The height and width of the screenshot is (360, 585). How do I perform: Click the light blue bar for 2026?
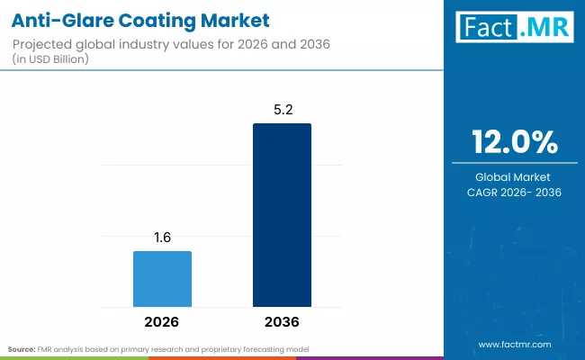(162, 279)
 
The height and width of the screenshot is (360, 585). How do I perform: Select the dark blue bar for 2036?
(282, 216)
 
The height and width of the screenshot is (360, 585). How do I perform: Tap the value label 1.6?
(162, 238)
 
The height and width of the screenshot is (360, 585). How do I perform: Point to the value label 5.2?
(282, 110)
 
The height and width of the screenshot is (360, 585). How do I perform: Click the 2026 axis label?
(162, 321)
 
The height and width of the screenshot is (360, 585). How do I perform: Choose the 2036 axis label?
(282, 321)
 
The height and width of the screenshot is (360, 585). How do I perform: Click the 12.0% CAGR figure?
(515, 142)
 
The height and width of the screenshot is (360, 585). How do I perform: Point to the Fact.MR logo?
(516, 28)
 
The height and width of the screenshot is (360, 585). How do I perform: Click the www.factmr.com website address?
(515, 344)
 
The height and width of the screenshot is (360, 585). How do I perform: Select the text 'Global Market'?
(515, 177)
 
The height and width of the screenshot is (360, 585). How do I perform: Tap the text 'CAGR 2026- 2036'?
(515, 193)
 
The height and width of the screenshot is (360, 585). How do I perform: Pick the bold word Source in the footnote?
(22, 348)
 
